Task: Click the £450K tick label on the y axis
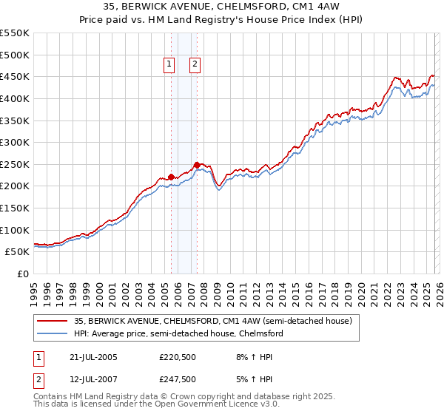(14, 76)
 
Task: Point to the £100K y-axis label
(14, 230)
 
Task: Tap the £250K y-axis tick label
(14, 164)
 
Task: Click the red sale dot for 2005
(171, 177)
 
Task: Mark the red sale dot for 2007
(197, 165)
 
